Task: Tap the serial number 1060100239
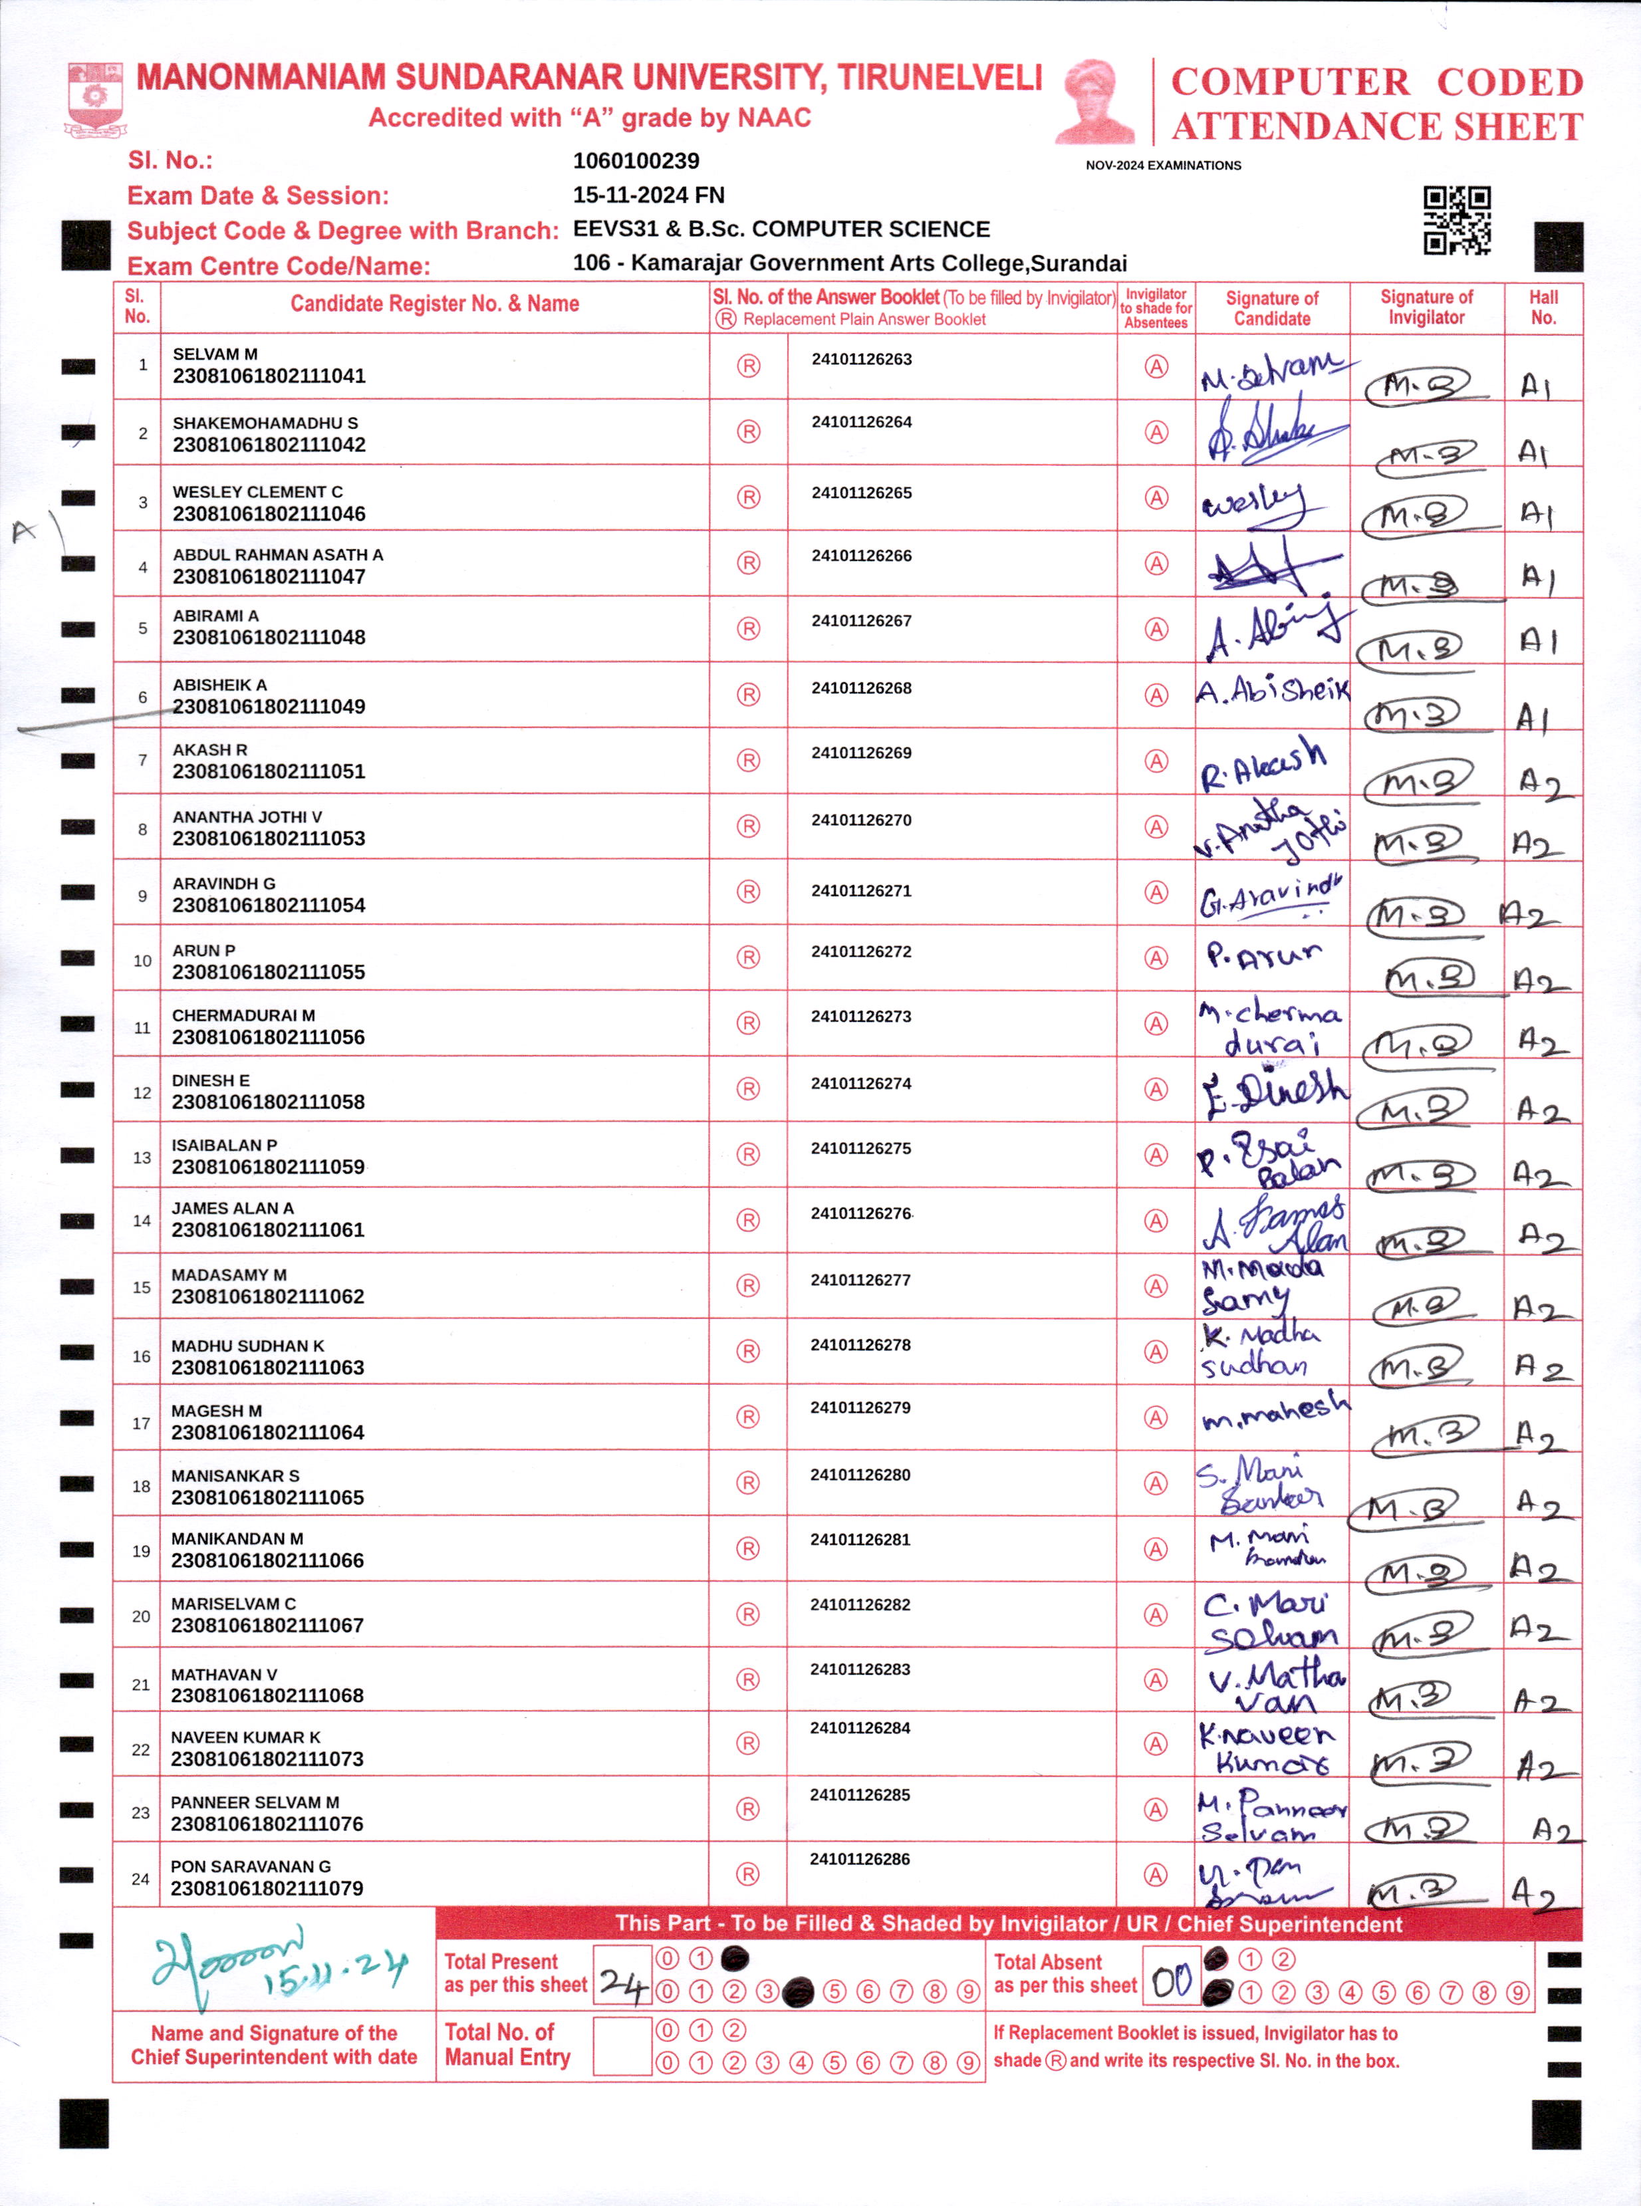pyautogui.click(x=636, y=161)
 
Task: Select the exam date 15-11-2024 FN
pyautogui.click(x=649, y=195)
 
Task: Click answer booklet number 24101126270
pyautogui.click(x=861, y=820)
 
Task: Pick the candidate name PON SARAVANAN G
pyautogui.click(x=250, y=1866)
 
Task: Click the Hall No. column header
pyautogui.click(x=1543, y=308)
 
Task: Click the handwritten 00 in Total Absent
pyautogui.click(x=1171, y=1983)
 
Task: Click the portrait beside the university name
pyautogui.click(x=1096, y=101)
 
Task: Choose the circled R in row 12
pyautogui.click(x=748, y=1090)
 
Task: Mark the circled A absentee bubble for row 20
pyautogui.click(x=1155, y=1615)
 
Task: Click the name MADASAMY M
pyautogui.click(x=229, y=1275)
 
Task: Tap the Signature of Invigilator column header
pyautogui.click(x=1426, y=308)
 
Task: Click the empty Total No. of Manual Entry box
pyautogui.click(x=622, y=2045)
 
